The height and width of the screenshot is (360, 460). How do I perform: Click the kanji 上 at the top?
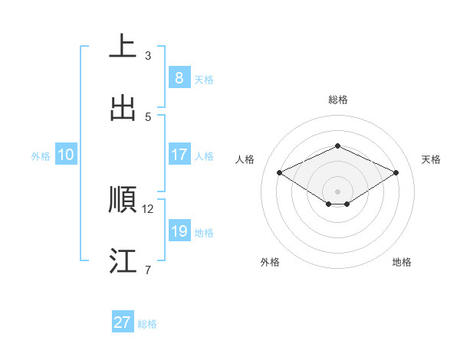point(123,46)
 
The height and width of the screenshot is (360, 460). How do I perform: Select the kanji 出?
point(123,107)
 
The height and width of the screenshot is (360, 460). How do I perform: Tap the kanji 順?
point(123,199)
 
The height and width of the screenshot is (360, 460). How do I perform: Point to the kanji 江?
point(123,260)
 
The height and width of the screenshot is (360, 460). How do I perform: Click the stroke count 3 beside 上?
point(148,56)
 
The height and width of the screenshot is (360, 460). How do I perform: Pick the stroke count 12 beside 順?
point(148,208)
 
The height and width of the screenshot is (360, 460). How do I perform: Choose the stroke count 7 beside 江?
point(148,270)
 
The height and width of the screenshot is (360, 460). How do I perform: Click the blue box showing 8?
point(179,77)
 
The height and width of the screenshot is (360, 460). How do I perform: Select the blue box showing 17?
point(179,155)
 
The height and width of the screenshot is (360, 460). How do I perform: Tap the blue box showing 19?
point(179,231)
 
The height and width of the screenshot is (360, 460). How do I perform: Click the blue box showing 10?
point(66,155)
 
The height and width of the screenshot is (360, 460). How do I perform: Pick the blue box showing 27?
point(123,322)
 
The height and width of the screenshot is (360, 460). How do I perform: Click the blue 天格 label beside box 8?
point(204,79)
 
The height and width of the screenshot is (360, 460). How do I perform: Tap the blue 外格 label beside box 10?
point(41,156)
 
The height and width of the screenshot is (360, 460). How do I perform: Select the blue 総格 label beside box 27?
point(147,324)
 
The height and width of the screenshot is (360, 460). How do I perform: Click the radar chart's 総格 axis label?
point(337,100)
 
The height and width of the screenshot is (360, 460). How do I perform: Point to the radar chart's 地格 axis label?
point(402,262)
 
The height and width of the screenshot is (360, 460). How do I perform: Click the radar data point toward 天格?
point(396,173)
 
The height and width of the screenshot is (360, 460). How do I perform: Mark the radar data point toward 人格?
point(280,173)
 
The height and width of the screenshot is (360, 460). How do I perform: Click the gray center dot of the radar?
point(337,191)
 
